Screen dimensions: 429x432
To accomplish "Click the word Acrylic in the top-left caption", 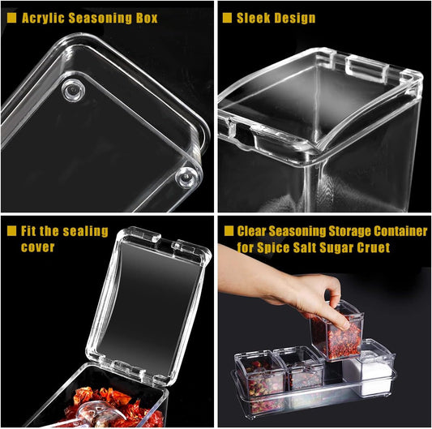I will click(43, 18).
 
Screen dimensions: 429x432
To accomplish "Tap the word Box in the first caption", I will click(146, 18).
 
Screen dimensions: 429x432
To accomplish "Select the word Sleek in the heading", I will click(254, 18).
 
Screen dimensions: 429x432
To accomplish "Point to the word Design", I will click(295, 18).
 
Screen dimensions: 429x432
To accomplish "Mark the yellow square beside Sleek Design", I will click(227, 18).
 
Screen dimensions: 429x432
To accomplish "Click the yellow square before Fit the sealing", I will click(11, 231).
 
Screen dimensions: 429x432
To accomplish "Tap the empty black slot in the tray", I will click(333, 371).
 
